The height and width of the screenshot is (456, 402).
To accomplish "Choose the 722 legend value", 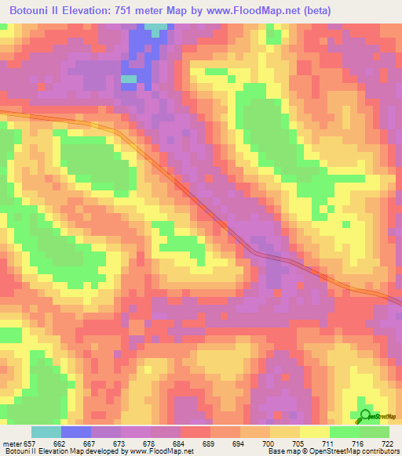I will tap(386, 443).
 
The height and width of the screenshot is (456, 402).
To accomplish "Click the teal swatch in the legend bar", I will tap(46, 432).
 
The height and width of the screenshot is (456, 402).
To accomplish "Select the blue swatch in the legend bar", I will tap(76, 432).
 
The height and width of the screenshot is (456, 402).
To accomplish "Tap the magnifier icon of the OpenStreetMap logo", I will tap(365, 415).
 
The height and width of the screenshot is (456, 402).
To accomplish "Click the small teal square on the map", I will tap(128, 78).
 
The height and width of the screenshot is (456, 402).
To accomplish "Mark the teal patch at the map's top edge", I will tap(157, 27).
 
